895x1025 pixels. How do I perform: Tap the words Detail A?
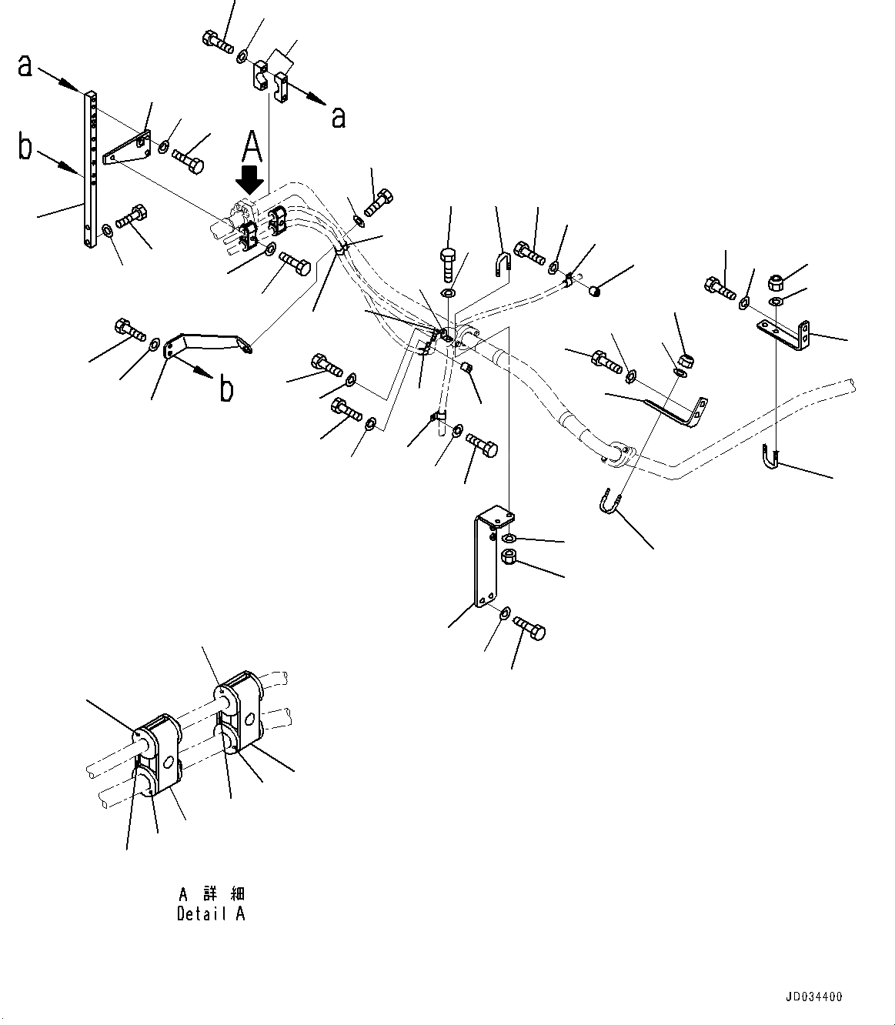[x=211, y=914]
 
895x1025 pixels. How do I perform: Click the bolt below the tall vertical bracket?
[x=529, y=627]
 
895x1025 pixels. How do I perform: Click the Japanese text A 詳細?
[x=211, y=894]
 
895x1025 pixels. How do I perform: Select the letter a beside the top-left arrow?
[x=25, y=66]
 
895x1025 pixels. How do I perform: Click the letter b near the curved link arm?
[x=226, y=389]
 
